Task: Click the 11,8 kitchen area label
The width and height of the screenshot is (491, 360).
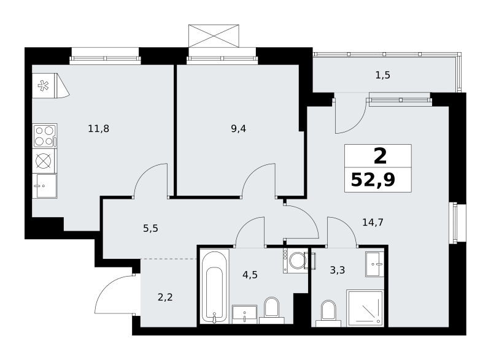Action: tap(99, 129)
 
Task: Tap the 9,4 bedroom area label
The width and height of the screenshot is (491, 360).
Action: tap(239, 129)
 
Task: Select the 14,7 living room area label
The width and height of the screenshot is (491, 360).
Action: tap(373, 223)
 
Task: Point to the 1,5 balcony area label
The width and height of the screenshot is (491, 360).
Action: tap(382, 75)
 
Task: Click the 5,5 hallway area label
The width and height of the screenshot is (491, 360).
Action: tap(150, 229)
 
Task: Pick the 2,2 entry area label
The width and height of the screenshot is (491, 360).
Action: tap(165, 297)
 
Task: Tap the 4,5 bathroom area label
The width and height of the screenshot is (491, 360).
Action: tap(250, 275)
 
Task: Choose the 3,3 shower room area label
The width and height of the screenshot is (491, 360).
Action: tap(338, 270)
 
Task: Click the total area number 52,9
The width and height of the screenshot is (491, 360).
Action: tap(373, 180)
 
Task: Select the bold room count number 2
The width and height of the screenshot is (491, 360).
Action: tap(380, 156)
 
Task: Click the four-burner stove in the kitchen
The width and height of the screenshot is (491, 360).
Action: tap(45, 136)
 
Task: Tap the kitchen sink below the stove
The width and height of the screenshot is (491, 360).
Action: tap(45, 186)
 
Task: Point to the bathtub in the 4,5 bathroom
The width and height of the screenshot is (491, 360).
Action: tap(214, 286)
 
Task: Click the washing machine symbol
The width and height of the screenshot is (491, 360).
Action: tap(296, 261)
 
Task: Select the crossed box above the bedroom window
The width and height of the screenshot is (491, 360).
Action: tap(214, 36)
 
